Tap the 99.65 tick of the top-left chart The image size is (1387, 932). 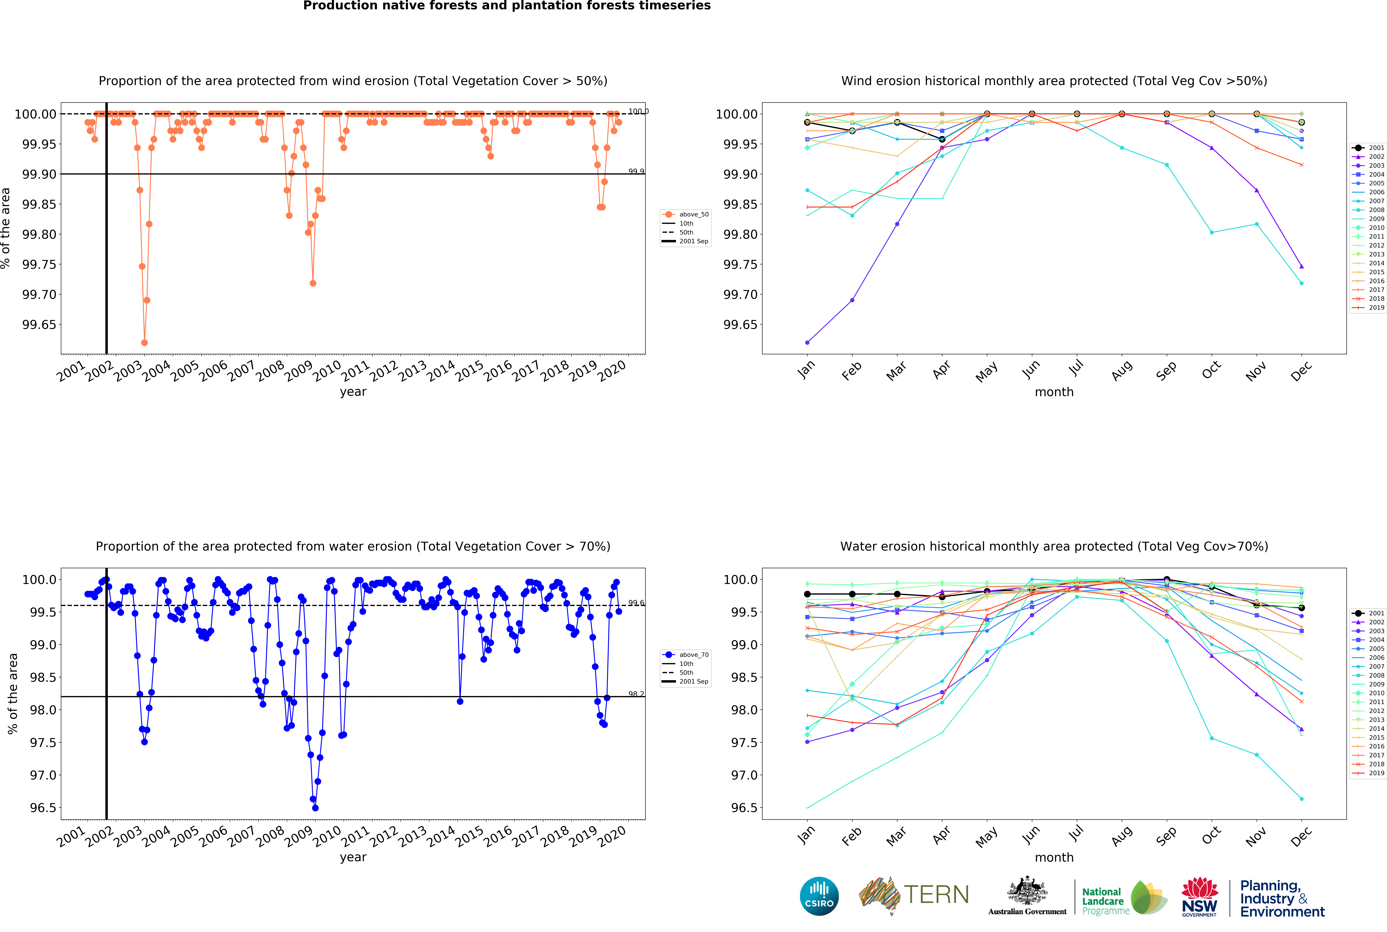(x=39, y=325)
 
